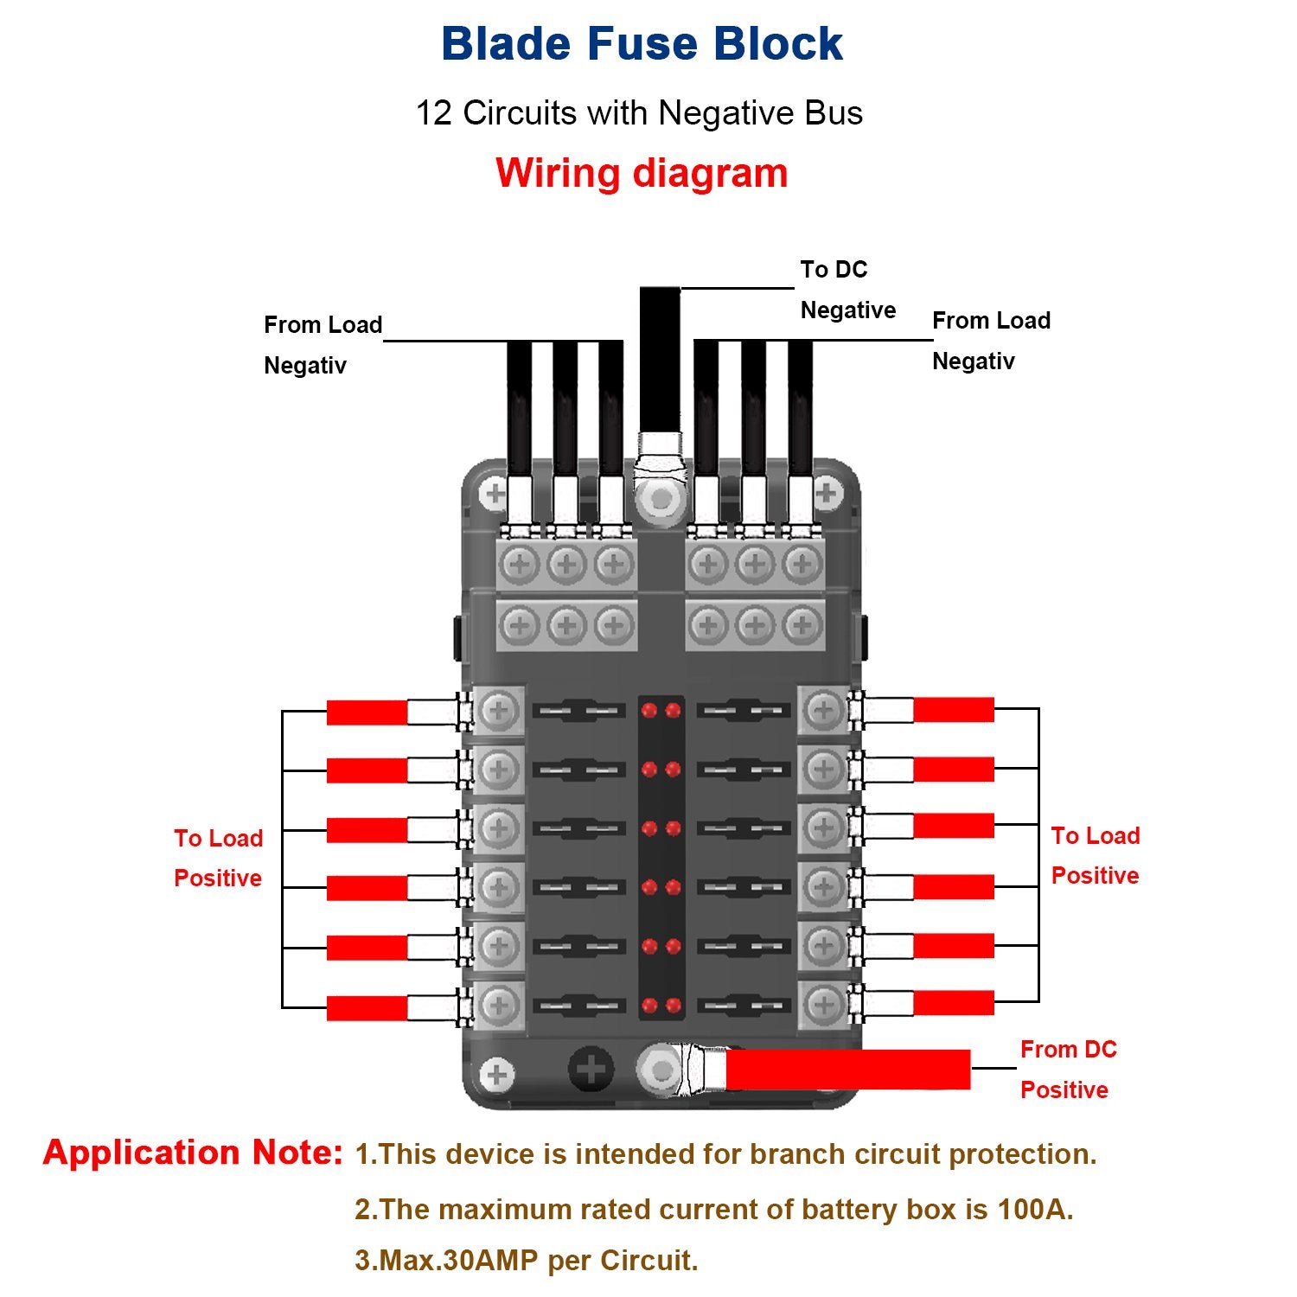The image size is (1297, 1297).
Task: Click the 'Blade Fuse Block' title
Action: point(642,44)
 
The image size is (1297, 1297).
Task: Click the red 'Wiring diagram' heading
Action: point(642,173)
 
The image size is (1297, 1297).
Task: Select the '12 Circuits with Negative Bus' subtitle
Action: point(639,113)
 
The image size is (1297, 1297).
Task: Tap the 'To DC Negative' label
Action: point(847,290)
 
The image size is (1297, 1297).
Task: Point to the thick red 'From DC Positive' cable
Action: point(847,1070)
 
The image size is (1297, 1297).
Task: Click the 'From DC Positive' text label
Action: point(1067,1070)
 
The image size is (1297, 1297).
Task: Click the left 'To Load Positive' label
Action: point(218,858)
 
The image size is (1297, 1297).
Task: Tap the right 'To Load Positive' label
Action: point(1095,855)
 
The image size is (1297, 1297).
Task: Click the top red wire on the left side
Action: point(367,712)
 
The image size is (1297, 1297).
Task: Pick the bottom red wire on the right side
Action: point(954,1003)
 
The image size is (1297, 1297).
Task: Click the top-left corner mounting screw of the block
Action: point(495,495)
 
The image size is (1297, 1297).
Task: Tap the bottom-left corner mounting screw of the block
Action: point(496,1076)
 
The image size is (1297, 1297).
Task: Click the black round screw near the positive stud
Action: point(591,1070)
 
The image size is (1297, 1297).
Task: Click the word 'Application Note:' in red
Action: point(193,1153)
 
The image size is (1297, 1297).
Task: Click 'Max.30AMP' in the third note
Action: point(448,1261)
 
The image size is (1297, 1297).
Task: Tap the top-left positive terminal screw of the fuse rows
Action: point(498,712)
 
